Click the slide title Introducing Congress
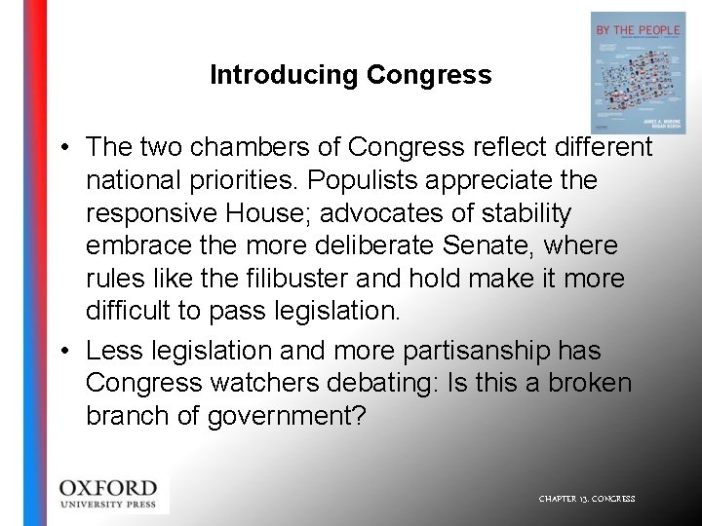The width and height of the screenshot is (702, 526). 350,75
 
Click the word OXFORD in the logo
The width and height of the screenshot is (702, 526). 107,487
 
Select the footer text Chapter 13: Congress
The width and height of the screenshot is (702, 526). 587,499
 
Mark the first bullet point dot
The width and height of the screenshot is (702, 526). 61,148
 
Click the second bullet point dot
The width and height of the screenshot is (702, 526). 61,351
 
